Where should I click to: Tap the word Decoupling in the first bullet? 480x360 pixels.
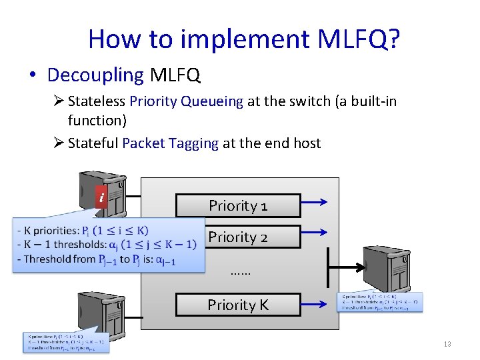[95, 75]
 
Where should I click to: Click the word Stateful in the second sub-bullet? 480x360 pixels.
[93, 143]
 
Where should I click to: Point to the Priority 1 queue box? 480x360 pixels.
[237, 206]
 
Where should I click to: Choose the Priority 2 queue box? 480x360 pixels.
[237, 237]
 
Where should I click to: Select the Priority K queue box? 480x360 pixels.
[237, 305]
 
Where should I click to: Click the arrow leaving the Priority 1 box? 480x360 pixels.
[316, 201]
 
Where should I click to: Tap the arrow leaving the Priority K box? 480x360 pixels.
[316, 301]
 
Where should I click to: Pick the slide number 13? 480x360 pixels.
[447, 344]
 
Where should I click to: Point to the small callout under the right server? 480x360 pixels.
[380, 302]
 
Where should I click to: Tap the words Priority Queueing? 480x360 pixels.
[187, 101]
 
